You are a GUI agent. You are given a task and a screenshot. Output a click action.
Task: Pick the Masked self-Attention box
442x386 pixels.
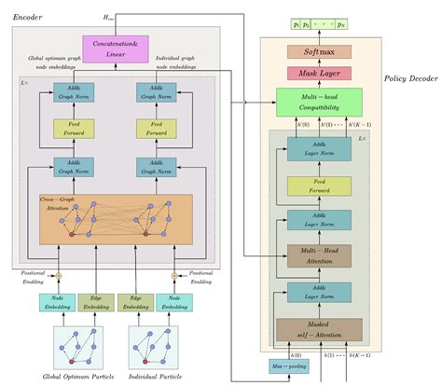(319, 329)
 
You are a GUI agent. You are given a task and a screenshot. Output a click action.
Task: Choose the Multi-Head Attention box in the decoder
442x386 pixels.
(319, 255)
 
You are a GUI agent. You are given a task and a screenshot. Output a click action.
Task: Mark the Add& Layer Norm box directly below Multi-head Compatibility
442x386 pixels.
(319, 146)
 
